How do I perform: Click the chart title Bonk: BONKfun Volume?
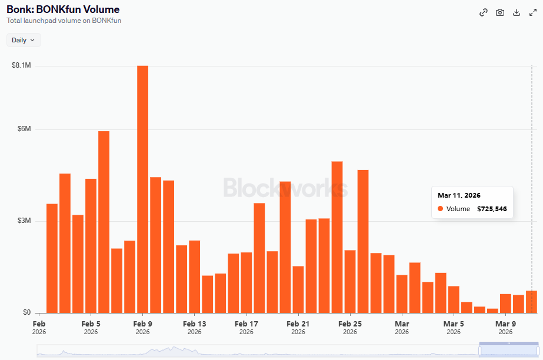pos(63,9)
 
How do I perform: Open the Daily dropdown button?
pos(24,40)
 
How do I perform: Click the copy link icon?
pos(484,12)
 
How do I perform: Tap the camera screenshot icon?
pos(500,12)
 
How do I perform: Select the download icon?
pos(517,12)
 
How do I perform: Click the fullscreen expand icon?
pos(533,12)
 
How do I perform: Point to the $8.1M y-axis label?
pos(21,65)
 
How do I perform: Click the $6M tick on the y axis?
pos(24,129)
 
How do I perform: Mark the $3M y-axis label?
pos(24,221)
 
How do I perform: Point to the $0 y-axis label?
pos(26,312)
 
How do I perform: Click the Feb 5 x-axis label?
pos(91,324)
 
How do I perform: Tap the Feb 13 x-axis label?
pos(195,324)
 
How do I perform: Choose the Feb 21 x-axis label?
pos(298,324)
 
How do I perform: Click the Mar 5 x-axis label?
pos(454,324)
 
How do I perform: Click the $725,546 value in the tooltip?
pos(492,209)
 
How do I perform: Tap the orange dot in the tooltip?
pos(440,209)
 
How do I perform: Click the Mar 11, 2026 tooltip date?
pos(459,195)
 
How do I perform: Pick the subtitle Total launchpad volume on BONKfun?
pos(64,21)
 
